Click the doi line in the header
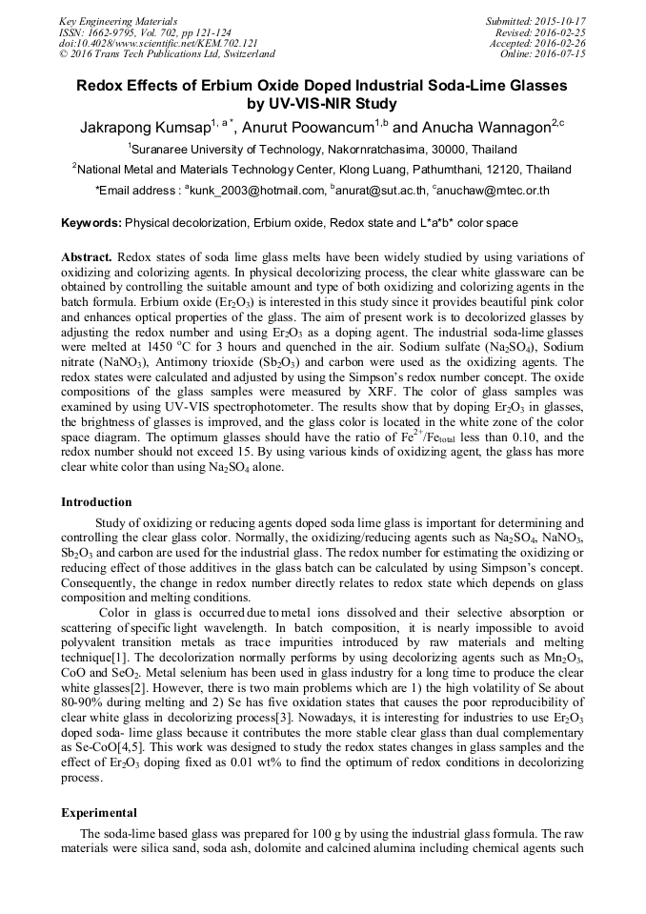[157, 43]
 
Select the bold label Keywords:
[91, 223]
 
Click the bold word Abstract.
[87, 258]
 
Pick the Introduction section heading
[96, 502]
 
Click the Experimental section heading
[99, 813]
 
